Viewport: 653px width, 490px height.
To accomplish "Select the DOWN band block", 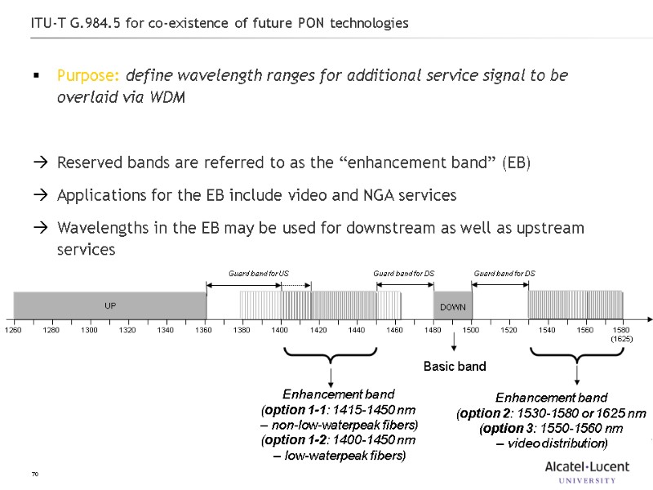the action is [x=452, y=306].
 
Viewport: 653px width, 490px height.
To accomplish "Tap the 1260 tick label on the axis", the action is [x=13, y=330].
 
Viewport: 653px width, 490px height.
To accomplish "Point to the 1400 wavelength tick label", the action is [x=280, y=330].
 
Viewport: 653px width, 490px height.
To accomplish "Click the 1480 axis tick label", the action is [x=433, y=330].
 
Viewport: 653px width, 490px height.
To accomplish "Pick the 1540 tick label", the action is [x=547, y=330].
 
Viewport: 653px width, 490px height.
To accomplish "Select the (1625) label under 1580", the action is [x=622, y=338].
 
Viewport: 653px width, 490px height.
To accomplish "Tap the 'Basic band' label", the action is [x=455, y=366].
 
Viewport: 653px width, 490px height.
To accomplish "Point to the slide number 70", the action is [x=35, y=474].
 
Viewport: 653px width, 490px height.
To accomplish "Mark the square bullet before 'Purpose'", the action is [x=36, y=76].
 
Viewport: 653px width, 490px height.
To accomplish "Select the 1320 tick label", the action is [x=127, y=330].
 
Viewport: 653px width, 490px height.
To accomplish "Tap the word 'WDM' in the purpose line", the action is [x=168, y=97].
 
